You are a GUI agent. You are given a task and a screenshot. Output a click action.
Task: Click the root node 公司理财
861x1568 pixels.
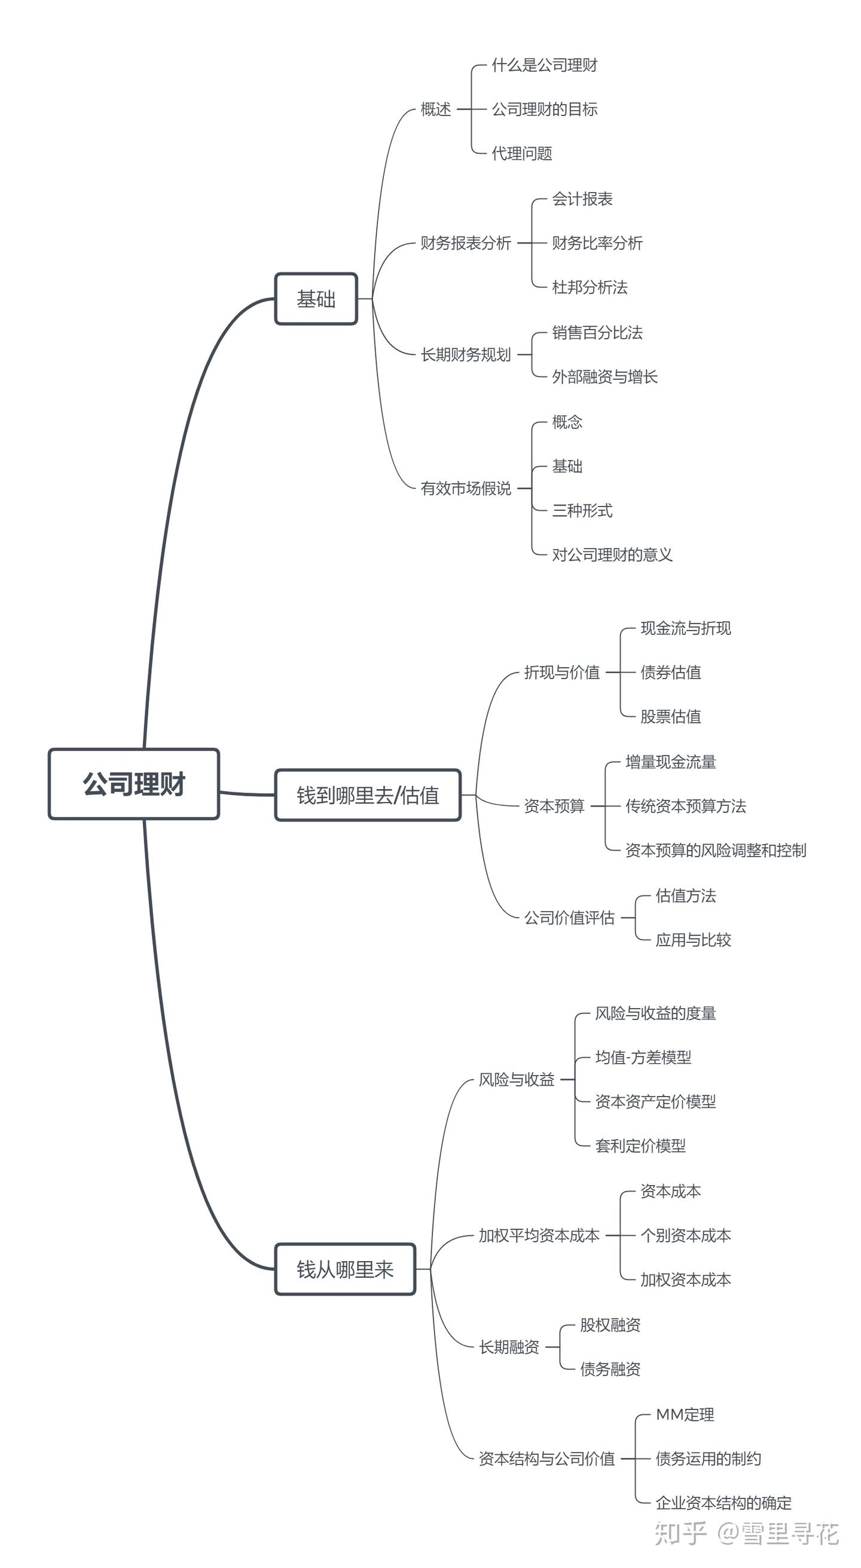pos(134,784)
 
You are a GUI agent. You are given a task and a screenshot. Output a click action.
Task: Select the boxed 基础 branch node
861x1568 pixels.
pos(316,299)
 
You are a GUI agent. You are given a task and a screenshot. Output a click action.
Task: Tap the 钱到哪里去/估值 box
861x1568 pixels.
pos(368,795)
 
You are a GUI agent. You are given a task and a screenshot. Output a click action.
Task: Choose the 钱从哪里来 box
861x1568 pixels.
pos(345,1269)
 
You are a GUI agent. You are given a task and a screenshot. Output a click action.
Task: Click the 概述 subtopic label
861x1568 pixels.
pos(436,109)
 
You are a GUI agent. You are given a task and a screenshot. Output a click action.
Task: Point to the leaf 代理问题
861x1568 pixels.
pos(521,153)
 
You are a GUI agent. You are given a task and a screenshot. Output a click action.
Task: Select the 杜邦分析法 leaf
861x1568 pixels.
pos(589,287)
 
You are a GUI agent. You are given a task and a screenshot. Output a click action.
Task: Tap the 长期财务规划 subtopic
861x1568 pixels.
pos(466,354)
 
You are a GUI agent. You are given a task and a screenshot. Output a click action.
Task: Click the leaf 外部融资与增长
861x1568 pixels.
pos(604,377)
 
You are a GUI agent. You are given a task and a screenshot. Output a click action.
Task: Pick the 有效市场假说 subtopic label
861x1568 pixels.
pos(466,488)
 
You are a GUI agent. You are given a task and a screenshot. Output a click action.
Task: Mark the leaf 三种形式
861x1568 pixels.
pos(582,510)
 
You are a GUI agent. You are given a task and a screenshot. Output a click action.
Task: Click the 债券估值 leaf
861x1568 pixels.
pos(670,672)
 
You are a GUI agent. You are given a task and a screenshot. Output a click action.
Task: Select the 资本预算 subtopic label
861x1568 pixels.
pos(554,806)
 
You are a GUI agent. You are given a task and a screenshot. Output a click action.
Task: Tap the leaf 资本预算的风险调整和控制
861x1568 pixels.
pos(716,850)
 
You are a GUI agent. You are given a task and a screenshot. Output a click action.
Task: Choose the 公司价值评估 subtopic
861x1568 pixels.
pos(569,917)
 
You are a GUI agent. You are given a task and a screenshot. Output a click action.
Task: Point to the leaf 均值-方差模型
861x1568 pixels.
pos(643,1057)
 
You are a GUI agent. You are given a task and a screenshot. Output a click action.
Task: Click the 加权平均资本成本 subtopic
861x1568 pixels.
pos(539,1235)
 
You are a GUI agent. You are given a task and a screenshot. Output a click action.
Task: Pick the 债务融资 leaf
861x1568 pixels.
pos(610,1369)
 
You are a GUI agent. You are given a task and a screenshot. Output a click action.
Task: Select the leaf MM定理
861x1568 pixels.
pos(685,1415)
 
